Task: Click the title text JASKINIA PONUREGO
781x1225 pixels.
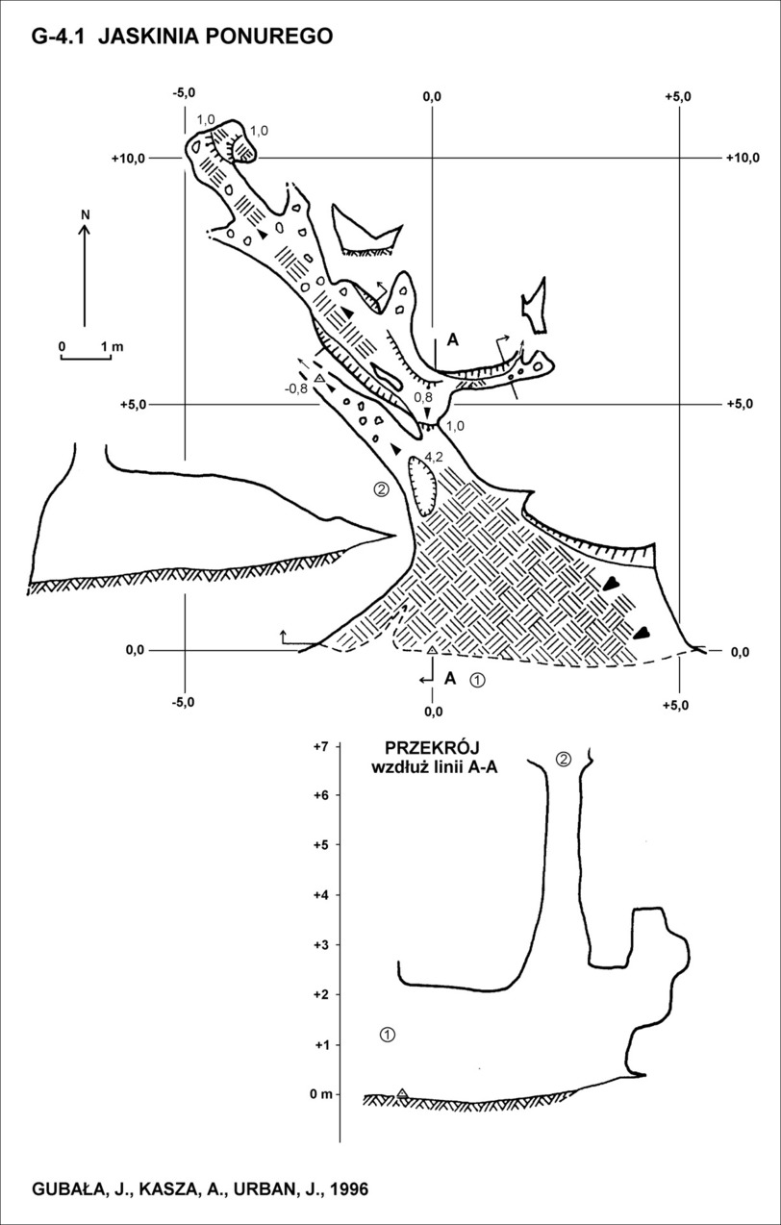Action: (x=215, y=37)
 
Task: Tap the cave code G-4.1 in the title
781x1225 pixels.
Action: (x=59, y=37)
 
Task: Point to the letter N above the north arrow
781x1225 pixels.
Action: (x=85, y=215)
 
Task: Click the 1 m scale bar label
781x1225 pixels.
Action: (x=113, y=347)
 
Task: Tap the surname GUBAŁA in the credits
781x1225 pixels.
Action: (x=66, y=1186)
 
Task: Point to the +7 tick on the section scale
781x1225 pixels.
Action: (x=320, y=746)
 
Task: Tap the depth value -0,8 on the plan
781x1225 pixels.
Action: (x=296, y=388)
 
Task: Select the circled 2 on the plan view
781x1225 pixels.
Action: (x=381, y=488)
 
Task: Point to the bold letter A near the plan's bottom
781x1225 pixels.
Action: (x=449, y=679)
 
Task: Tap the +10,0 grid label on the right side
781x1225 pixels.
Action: (x=743, y=158)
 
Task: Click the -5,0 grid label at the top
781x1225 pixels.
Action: (x=184, y=93)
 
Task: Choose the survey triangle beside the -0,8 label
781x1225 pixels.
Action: (x=320, y=378)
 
